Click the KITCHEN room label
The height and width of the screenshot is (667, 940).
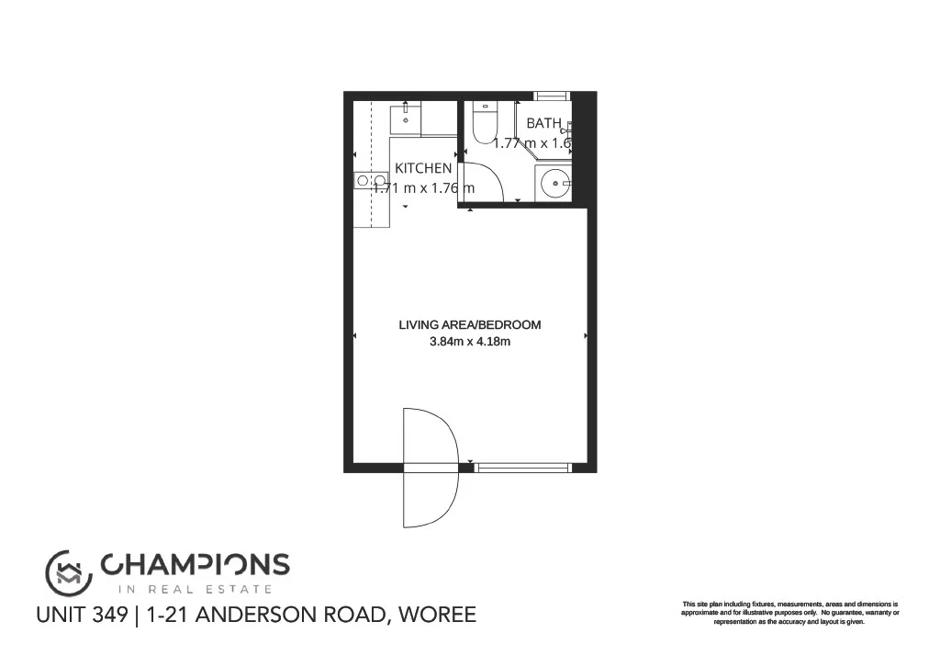click(423, 168)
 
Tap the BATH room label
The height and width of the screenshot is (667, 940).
click(543, 123)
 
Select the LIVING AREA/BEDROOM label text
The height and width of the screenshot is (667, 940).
click(470, 324)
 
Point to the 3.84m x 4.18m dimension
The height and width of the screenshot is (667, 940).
click(470, 343)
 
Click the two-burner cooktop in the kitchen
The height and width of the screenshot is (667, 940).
click(372, 181)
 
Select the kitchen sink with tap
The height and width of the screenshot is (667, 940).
click(407, 118)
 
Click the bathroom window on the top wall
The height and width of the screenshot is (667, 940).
click(553, 95)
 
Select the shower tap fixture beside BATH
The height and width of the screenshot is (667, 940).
click(568, 130)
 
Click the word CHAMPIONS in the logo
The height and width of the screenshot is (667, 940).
click(195, 564)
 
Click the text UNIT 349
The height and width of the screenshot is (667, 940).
click(82, 615)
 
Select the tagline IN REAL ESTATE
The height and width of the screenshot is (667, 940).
click(195, 589)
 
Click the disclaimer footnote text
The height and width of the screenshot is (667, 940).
click(789, 613)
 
